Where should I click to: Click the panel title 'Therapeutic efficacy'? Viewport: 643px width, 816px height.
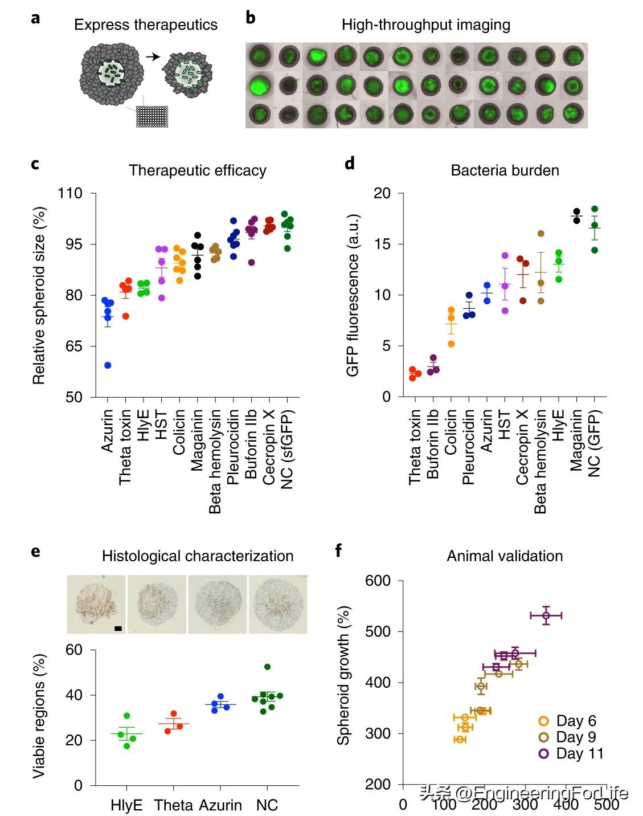pos(198,170)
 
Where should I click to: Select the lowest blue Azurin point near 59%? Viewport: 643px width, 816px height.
pos(108,365)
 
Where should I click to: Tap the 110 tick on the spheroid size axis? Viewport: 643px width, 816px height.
pos(70,194)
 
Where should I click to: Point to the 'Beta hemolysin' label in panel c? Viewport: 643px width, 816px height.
pos(215,460)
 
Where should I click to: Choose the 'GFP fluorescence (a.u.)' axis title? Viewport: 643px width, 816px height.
pos(353,295)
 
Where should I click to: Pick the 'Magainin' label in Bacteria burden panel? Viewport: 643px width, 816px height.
pos(577,439)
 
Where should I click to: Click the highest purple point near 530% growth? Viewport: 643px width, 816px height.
pos(546,615)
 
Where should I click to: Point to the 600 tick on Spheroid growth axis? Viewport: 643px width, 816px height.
pos(378,581)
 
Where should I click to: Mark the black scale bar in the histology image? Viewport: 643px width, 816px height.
pos(118,629)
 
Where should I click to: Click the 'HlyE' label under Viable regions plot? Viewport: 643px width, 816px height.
pos(127,805)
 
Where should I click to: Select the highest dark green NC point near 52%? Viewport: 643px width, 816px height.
pos(267,667)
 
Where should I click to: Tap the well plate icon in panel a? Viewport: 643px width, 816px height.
pos(153,116)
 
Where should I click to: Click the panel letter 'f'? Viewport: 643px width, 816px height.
pos(339,551)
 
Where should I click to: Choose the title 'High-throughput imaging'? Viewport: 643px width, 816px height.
pos(425,25)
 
